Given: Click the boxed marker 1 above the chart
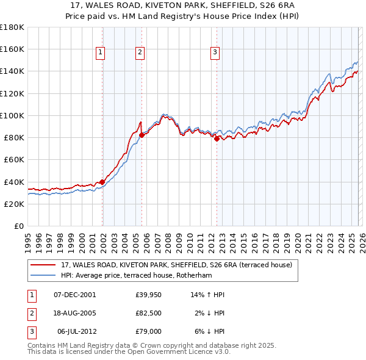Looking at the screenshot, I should point(101,53).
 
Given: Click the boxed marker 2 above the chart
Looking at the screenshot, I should point(140,53).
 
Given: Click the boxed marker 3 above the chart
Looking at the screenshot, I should point(215,53).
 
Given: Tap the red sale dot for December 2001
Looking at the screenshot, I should point(102,181).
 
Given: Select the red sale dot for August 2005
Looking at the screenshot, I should point(142,134).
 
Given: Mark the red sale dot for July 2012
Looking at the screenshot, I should point(217,139).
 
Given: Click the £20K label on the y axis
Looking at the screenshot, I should point(14,204).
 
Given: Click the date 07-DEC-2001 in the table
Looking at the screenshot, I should point(74,295).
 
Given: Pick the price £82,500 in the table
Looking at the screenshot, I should point(148,313).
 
